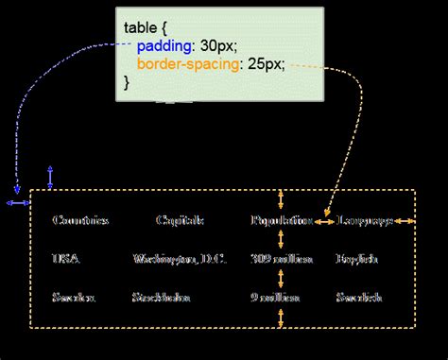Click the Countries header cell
80,220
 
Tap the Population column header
281,220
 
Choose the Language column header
364,220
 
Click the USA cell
66,258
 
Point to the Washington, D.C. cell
180,258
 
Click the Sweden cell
73,297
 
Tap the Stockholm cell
163,297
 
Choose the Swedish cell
358,297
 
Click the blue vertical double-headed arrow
50,178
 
